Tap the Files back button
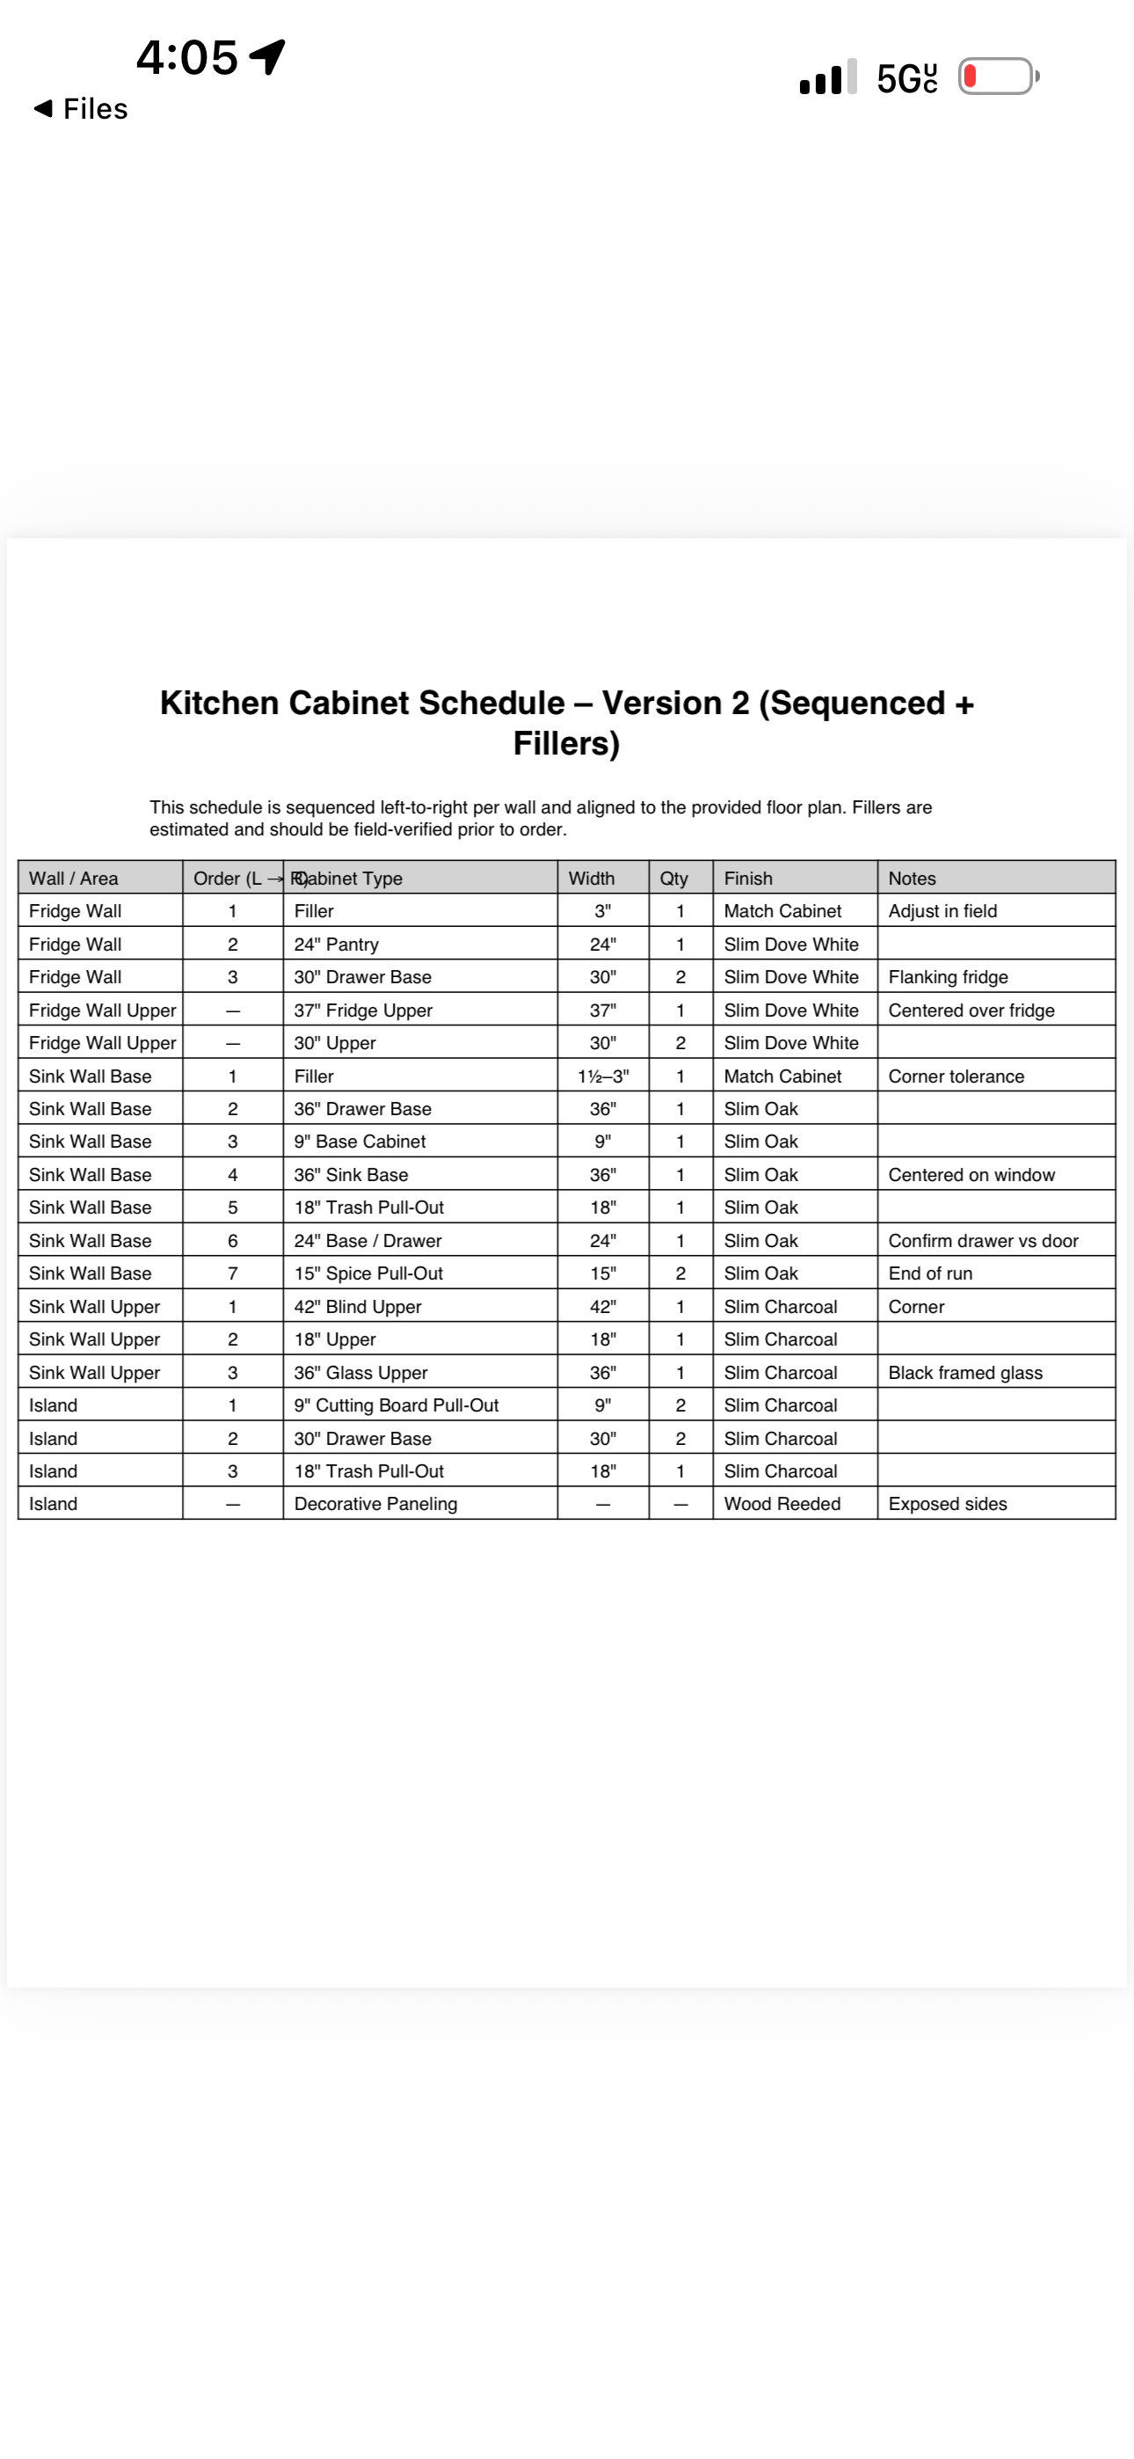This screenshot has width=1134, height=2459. [x=81, y=109]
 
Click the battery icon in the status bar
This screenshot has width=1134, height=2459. [x=998, y=77]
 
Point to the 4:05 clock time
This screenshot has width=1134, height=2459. [x=187, y=57]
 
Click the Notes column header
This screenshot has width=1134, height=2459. [x=912, y=879]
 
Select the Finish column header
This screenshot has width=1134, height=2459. [x=747, y=879]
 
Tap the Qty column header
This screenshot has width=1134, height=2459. [x=674, y=879]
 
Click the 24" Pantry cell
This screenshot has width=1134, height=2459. [x=336, y=944]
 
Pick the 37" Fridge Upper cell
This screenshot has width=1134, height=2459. [x=363, y=1010]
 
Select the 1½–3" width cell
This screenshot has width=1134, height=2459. [x=602, y=1076]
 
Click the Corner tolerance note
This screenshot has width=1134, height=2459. [x=956, y=1076]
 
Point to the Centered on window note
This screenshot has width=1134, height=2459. [x=970, y=1174]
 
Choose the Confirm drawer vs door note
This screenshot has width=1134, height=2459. [x=982, y=1240]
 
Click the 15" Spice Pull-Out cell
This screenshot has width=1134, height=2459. [x=368, y=1273]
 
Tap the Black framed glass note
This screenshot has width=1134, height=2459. [x=965, y=1372]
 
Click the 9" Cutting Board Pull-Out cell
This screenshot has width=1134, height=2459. [x=396, y=1405]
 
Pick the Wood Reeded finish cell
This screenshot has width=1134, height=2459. [x=781, y=1504]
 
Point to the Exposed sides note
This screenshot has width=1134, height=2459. [x=947, y=1504]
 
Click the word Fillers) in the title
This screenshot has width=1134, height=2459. [x=566, y=744]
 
